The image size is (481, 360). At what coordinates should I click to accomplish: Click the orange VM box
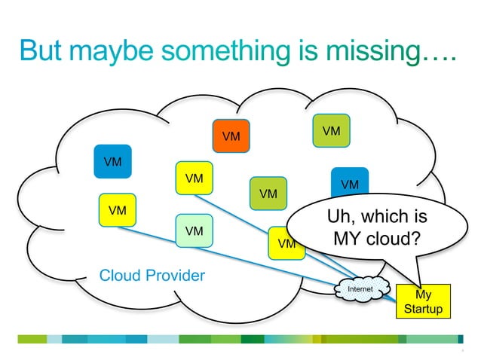231,136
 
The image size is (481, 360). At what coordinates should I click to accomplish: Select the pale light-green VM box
194,230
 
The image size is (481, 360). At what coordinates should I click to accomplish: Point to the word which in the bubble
384,218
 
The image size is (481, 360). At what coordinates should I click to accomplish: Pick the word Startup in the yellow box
423,310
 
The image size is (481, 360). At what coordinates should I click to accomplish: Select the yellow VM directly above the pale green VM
194,178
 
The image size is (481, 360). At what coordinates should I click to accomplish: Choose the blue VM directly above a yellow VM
112,161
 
